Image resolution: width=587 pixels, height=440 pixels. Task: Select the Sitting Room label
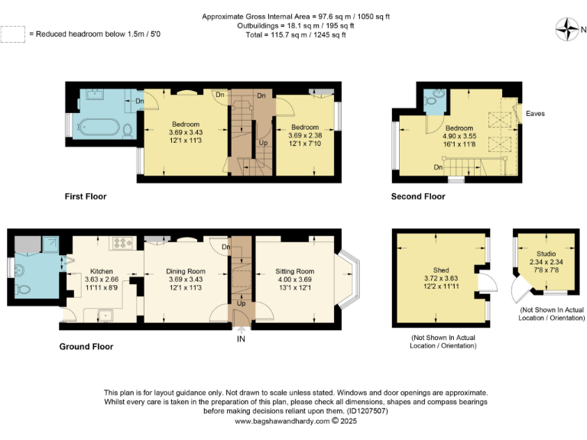tap(294, 271)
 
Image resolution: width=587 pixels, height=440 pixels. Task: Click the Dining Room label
tap(186, 271)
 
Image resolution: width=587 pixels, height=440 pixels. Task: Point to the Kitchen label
tap(102, 271)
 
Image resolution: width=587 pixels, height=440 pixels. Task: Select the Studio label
tap(546, 253)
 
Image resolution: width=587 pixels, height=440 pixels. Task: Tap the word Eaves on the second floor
tap(535, 114)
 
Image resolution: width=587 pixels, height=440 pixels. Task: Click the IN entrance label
tap(242, 338)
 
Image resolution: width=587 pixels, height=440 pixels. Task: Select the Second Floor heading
tap(418, 196)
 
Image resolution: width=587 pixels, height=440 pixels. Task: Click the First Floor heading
tap(86, 196)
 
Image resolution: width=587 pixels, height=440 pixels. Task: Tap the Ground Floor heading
tap(86, 346)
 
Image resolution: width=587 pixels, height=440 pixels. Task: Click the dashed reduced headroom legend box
tap(12, 34)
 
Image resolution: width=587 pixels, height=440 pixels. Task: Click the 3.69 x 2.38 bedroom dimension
tap(304, 136)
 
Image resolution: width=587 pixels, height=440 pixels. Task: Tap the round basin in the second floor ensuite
tap(434, 99)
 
